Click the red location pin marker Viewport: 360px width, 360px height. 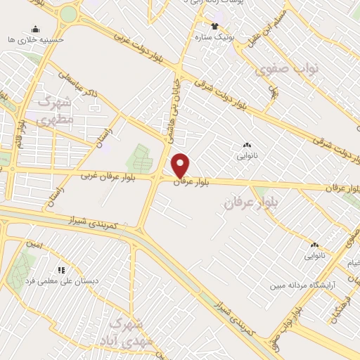click(x=181, y=165)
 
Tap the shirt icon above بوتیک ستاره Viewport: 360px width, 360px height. click(x=214, y=26)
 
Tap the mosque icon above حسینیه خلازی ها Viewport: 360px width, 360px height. click(x=35, y=29)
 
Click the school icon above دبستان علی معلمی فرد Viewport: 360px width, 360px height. click(x=61, y=269)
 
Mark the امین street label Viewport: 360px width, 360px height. click(x=34, y=245)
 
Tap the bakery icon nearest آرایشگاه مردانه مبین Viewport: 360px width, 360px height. click(x=314, y=245)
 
